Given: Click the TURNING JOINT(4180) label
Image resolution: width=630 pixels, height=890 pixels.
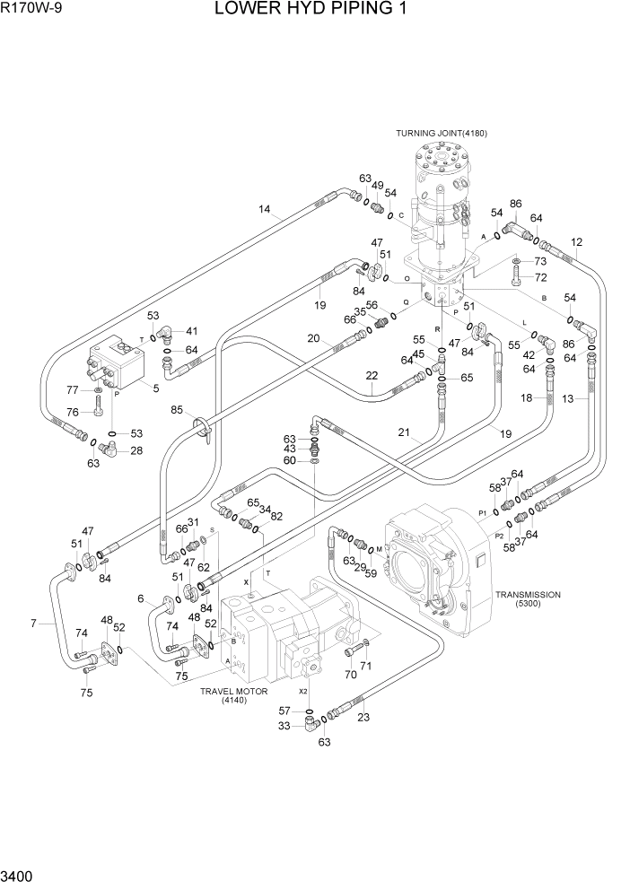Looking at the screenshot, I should point(441,134).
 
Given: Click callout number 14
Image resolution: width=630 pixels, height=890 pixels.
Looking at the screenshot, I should point(265,210).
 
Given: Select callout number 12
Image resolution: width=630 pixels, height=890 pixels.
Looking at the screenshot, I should point(576,241).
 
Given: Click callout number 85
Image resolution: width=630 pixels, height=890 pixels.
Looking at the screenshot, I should point(178,411).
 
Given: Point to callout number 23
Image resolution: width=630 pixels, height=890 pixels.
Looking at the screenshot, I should point(363,716).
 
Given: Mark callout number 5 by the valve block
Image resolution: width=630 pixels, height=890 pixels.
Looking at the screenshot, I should point(156,388).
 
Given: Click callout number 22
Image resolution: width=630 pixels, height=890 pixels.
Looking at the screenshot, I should point(372,375).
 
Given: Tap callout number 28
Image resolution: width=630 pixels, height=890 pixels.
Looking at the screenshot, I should point(136,450).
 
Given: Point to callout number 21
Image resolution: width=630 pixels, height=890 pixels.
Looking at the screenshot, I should point(404,432).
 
